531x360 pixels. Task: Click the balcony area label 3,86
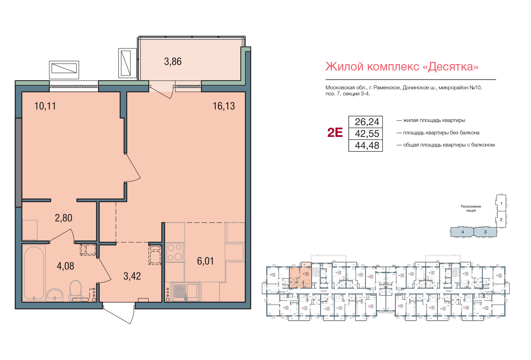point(173,62)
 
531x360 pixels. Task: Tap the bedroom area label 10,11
point(45,106)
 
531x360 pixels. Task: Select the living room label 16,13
point(223,106)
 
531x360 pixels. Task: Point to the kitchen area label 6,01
point(205,261)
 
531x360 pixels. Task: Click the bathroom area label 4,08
point(66,266)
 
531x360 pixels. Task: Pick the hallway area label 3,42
point(132,276)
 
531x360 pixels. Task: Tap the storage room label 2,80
point(63,218)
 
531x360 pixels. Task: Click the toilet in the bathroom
point(76,290)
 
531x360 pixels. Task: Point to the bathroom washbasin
point(55,295)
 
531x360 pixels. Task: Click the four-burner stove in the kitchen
point(175,252)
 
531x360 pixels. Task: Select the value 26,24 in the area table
point(367,122)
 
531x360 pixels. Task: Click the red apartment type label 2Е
point(335,133)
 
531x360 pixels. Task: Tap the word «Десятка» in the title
point(453,67)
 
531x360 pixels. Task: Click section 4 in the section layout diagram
point(462,232)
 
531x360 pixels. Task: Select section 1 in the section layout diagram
point(501,204)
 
